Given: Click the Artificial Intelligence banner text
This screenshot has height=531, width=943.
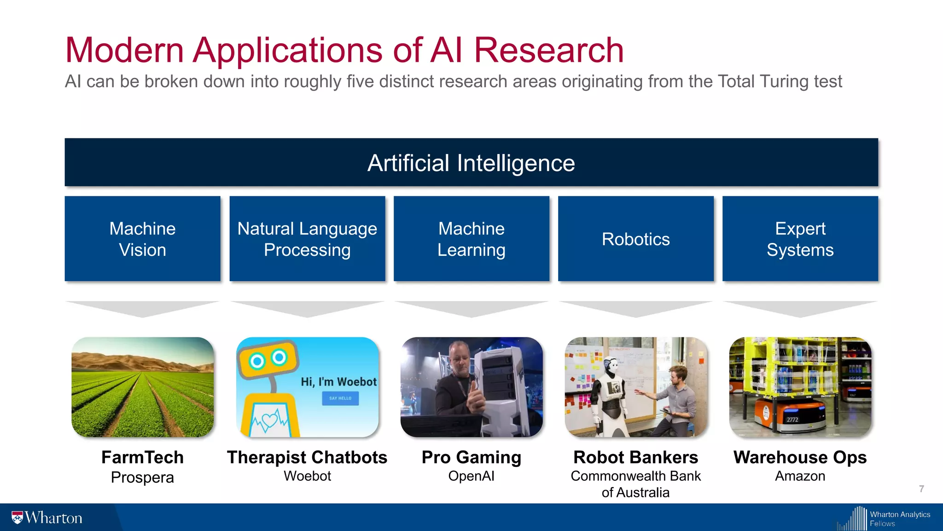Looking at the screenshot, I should tap(471, 163).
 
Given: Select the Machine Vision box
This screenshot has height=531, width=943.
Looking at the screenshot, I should tap(142, 239).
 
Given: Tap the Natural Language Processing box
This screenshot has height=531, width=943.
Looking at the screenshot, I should tap(307, 239).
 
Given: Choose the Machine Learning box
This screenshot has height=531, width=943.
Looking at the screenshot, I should tap(471, 239).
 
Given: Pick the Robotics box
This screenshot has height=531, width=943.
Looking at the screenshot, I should tap(635, 239).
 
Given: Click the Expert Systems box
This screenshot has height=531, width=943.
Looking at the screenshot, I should tap(800, 239).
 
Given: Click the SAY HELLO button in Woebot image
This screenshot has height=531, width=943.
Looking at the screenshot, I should tap(340, 398).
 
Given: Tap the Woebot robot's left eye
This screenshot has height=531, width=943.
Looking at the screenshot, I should tap(257, 361).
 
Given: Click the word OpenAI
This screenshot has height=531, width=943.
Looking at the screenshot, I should tap(471, 476).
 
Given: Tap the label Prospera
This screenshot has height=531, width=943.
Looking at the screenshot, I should tap(142, 478).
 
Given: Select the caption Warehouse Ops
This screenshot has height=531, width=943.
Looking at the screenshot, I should tap(800, 457).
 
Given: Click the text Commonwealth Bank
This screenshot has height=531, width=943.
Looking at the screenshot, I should tap(635, 476).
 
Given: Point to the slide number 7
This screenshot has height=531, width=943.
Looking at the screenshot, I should tap(921, 489).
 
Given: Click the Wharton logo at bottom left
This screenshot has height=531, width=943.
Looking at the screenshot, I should tap(47, 518).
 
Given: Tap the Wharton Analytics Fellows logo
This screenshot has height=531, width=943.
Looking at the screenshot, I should tap(884, 519).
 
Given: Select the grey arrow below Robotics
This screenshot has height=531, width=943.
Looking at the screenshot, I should tap(635, 309).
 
